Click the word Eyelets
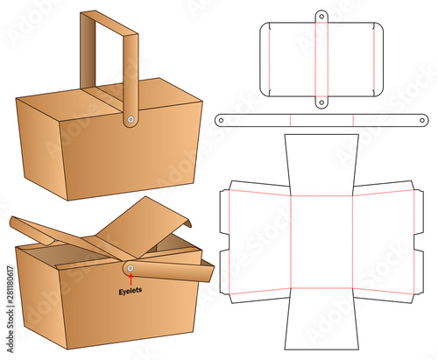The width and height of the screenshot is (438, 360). click(131, 291)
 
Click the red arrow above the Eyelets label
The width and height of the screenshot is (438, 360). click(131, 279)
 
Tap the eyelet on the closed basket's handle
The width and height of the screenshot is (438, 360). click(131, 119)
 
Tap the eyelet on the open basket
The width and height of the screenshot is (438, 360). click(131, 268)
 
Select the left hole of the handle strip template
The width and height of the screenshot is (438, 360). click(221, 120)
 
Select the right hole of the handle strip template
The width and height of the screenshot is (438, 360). click(422, 120)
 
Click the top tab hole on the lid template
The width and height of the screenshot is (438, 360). click(321, 17)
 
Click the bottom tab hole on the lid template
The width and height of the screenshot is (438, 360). click(321, 102)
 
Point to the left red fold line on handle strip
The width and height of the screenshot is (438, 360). click(290, 120)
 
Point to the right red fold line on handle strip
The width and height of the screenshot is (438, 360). click(353, 120)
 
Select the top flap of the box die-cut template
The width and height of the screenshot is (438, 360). click(321, 165)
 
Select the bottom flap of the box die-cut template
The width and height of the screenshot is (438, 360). click(321, 319)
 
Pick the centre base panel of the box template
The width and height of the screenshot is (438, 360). click(321, 242)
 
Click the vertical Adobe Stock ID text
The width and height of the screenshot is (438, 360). click(11, 308)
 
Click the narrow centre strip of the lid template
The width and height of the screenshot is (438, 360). click(321, 60)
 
